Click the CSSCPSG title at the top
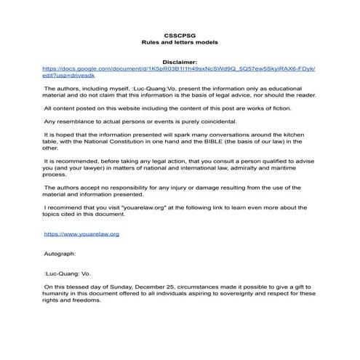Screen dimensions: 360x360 coord(180,34)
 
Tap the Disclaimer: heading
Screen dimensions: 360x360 coord(180,63)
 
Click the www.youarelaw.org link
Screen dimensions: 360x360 coord(81,234)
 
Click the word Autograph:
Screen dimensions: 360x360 coord(60,255)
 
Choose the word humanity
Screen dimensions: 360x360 coord(63,295)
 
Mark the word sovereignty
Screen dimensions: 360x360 coord(243,295)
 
